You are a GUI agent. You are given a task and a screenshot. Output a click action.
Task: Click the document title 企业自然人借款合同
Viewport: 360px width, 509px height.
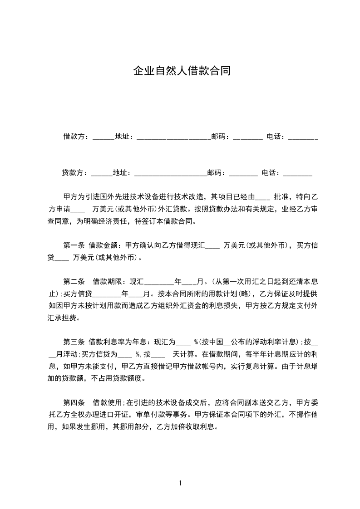[x=182, y=71]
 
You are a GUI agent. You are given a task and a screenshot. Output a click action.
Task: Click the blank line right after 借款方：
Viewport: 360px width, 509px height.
[x=104, y=138]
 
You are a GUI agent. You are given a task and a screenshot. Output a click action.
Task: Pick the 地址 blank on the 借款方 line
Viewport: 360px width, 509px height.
[x=173, y=138]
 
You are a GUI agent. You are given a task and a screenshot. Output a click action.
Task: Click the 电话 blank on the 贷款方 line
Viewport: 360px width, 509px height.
[x=297, y=175]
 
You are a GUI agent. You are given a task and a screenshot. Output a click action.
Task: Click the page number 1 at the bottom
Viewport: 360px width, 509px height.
[x=180, y=483]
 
